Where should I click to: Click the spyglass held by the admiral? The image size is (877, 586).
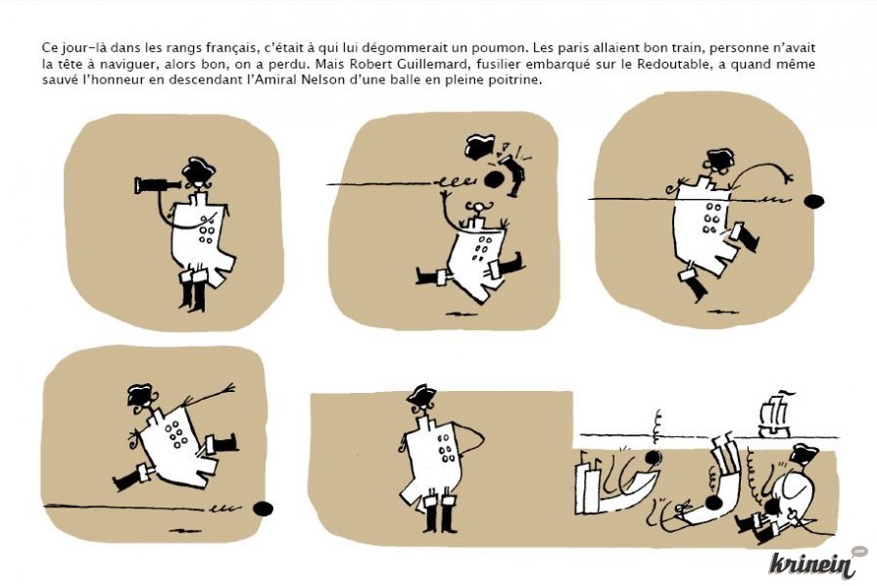[158, 184]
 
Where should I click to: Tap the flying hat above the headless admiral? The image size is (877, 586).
[480, 146]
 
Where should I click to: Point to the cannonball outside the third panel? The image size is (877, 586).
[814, 201]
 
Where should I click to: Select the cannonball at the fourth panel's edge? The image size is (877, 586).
[263, 509]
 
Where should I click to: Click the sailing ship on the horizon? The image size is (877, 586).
[775, 414]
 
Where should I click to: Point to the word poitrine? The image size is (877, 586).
[518, 80]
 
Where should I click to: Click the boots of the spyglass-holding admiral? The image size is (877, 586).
[193, 294]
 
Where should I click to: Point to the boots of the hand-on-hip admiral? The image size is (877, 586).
[441, 518]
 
